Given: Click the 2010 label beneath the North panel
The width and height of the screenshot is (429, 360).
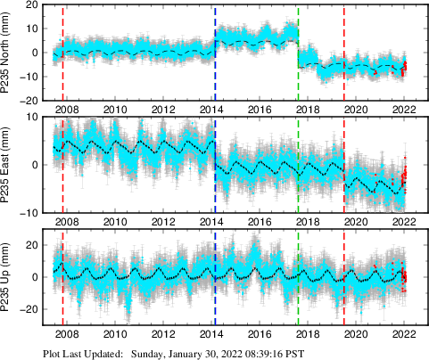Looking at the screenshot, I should coord(113,110).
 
